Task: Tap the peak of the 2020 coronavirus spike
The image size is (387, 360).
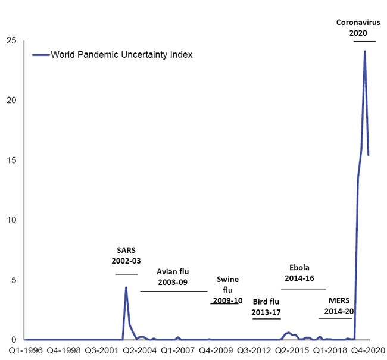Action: (x=364, y=52)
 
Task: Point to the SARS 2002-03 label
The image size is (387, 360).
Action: (x=126, y=255)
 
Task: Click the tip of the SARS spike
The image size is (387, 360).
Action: (x=126, y=288)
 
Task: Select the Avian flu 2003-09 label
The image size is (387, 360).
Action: (x=173, y=277)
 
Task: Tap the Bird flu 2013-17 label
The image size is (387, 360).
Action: (x=267, y=306)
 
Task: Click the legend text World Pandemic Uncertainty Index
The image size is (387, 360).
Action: (x=121, y=55)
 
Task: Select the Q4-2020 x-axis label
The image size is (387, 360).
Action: (x=367, y=351)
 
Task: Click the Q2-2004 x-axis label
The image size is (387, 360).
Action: (x=139, y=351)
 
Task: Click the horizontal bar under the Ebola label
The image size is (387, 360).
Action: (x=303, y=289)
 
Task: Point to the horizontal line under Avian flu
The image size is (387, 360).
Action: (x=173, y=291)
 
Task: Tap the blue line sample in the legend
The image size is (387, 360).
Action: (x=40, y=55)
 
